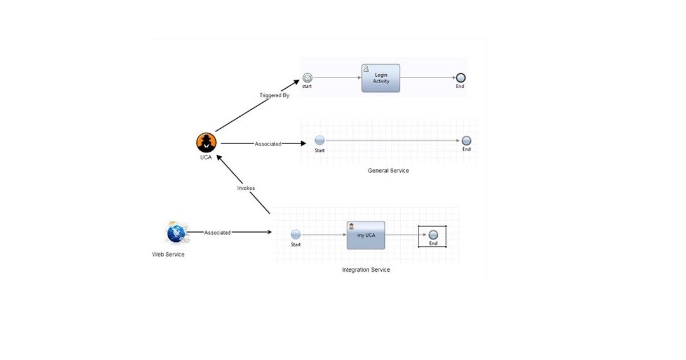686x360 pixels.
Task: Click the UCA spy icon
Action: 206,142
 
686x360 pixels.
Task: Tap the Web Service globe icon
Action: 175,233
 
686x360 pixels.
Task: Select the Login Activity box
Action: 381,78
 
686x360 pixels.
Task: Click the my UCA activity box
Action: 366,235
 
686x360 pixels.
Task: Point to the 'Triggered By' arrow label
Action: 274,95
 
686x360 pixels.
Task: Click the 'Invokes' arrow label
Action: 246,188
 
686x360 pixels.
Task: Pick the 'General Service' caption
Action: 388,171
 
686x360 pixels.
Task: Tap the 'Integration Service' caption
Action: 366,270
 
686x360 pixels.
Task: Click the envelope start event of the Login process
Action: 307,78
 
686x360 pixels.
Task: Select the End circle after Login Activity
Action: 461,78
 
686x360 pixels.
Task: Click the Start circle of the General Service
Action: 319,140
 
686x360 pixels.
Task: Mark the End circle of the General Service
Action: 466,140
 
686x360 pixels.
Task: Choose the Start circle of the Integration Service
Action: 295,235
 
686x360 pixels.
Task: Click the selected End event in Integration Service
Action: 433,235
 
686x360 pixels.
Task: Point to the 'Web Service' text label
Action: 168,255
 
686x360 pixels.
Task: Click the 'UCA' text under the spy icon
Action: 206,157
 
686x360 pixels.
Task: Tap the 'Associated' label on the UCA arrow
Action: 268,144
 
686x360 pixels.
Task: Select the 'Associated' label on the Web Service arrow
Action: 217,233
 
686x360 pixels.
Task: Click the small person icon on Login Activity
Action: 367,68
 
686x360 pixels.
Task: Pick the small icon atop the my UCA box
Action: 351,226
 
